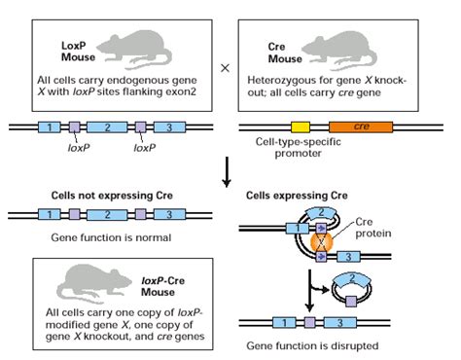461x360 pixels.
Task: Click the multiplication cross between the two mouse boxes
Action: (226, 68)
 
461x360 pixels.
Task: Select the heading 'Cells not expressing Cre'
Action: (114, 195)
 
